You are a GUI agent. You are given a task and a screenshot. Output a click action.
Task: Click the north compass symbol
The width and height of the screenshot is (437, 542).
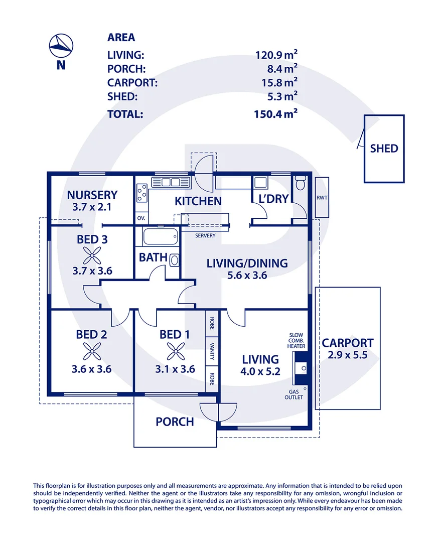click(61, 45)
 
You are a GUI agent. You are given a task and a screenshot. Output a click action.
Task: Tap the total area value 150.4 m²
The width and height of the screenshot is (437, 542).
click(275, 114)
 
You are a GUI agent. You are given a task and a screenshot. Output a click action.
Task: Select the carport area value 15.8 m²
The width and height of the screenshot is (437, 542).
click(279, 82)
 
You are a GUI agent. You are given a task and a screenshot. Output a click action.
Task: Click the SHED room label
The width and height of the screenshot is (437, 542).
click(384, 148)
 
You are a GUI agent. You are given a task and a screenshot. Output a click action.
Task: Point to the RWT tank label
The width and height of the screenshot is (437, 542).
click(322, 198)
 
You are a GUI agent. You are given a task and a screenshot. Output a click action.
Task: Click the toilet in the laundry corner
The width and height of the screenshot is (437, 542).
click(301, 183)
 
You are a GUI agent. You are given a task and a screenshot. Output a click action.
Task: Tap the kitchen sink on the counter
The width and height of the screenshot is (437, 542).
click(171, 182)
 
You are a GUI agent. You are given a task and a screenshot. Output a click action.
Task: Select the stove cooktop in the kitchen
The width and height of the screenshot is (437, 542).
click(141, 193)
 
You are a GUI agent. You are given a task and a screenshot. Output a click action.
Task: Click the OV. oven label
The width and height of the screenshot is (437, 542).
click(141, 218)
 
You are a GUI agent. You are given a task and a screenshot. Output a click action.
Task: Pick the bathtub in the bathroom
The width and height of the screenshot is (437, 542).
click(161, 236)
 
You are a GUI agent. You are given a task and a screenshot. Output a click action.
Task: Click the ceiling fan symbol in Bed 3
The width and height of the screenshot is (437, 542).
click(92, 256)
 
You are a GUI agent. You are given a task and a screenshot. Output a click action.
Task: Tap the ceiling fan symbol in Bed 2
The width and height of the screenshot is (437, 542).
click(92, 351)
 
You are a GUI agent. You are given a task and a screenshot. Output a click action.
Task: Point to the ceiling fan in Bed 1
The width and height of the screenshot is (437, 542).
click(176, 351)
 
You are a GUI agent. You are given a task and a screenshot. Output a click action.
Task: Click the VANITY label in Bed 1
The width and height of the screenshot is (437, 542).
click(212, 351)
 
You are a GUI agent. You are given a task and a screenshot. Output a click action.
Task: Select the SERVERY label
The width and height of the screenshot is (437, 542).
click(205, 235)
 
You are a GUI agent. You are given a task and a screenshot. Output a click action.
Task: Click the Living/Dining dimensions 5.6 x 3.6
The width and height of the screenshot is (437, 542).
click(247, 275)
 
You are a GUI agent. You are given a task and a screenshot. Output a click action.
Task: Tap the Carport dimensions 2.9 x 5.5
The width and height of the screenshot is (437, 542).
click(348, 355)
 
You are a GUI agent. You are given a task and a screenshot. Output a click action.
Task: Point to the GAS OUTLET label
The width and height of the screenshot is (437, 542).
click(294, 394)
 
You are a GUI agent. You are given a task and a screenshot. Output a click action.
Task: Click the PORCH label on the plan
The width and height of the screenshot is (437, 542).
click(175, 422)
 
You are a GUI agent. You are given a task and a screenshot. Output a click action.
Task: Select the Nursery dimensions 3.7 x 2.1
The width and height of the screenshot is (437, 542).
click(92, 207)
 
